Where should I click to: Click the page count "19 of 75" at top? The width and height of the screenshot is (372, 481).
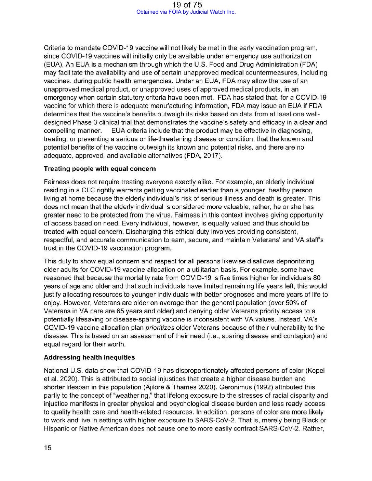point(187,4)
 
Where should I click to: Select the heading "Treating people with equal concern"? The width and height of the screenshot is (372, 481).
point(100,168)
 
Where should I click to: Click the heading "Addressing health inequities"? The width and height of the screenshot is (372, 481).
point(89,357)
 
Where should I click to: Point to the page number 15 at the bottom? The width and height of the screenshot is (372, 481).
point(48,448)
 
